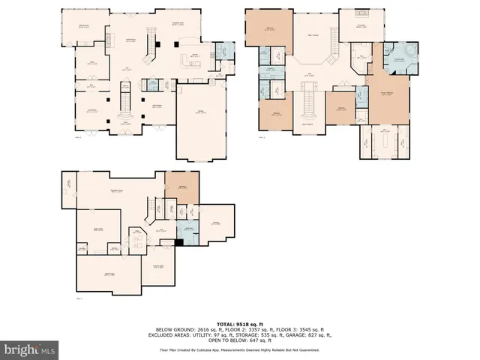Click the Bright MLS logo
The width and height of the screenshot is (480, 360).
tap(30, 349)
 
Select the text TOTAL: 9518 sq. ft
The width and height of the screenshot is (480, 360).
tap(240, 324)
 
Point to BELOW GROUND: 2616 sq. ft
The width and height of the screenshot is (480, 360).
tap(184, 329)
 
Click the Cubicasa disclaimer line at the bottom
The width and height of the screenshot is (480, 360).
tap(240, 349)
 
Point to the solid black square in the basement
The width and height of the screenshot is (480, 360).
tap(178, 241)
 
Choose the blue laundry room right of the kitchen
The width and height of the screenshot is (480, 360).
tap(223, 52)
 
